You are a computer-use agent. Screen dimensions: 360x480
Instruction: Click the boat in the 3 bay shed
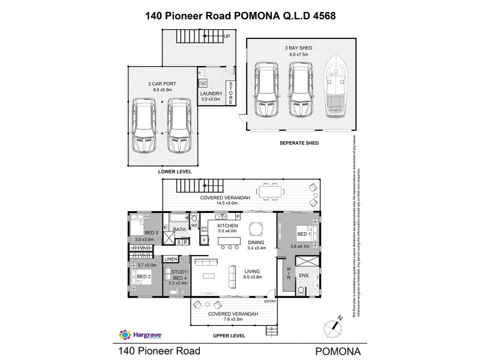click(x=334, y=89)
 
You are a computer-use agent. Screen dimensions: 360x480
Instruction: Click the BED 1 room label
click(x=304, y=235)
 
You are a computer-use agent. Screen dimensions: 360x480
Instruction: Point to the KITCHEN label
click(x=220, y=225)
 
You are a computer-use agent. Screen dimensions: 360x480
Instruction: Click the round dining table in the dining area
click(x=256, y=228)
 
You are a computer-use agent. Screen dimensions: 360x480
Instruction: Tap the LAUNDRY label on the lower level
click(x=211, y=94)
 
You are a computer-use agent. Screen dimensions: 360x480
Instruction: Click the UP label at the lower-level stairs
click(x=227, y=37)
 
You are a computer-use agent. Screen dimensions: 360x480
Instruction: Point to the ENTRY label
click(x=270, y=301)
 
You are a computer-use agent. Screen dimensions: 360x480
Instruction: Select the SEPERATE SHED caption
click(x=299, y=143)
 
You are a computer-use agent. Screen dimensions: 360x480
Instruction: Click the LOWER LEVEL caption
click(x=175, y=172)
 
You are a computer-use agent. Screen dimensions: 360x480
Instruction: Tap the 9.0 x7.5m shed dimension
click(x=298, y=54)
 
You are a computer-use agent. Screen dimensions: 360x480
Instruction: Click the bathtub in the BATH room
click(x=180, y=218)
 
